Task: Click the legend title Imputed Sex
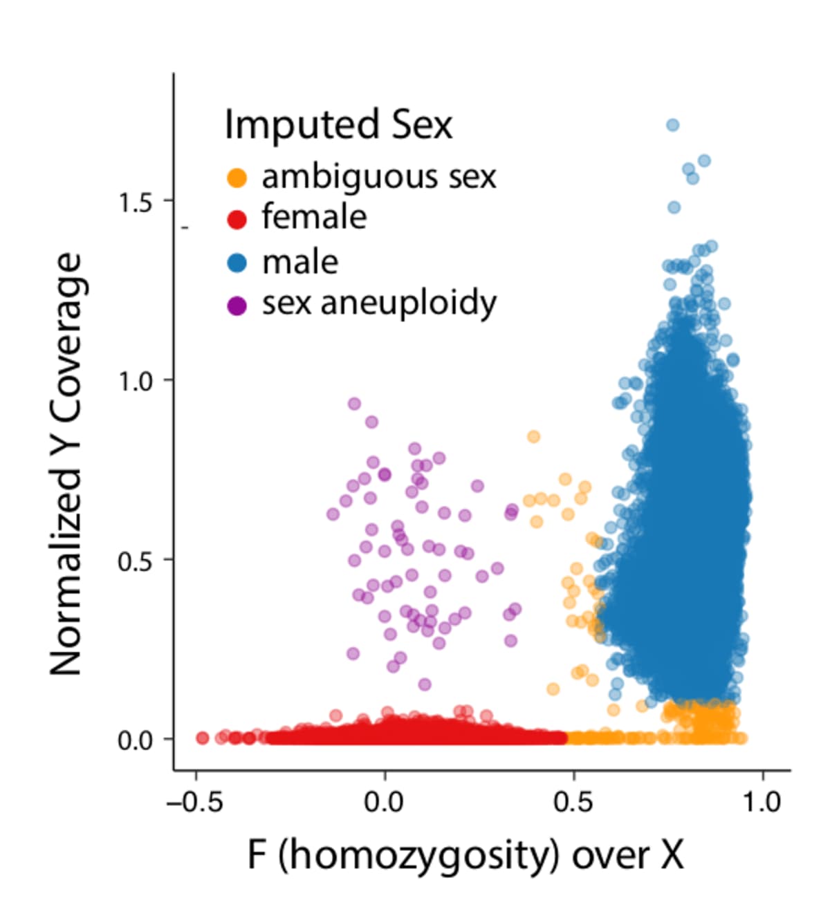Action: (x=338, y=125)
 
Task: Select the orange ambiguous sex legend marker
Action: (x=237, y=178)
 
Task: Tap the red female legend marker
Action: (x=237, y=219)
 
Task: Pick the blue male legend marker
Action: (x=237, y=263)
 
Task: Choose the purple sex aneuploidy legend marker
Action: (x=237, y=305)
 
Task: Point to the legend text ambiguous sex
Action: (x=379, y=177)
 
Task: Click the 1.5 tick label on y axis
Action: (x=136, y=202)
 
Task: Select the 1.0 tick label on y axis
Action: (x=136, y=381)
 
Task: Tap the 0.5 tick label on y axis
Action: (x=136, y=561)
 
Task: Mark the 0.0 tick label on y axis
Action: (x=136, y=740)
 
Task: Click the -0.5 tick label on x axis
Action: (x=195, y=803)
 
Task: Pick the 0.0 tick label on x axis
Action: (x=385, y=803)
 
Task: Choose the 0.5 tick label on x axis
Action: (x=573, y=803)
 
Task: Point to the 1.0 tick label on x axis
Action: (x=763, y=803)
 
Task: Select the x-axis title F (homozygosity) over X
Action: (x=465, y=856)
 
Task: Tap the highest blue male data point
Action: (x=672, y=125)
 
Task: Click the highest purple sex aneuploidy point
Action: (x=354, y=404)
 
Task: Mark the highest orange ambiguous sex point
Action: (x=533, y=437)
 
